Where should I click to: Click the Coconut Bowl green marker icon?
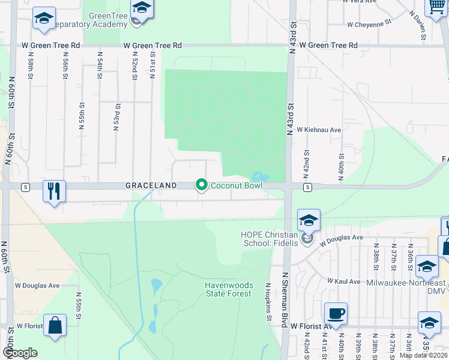201,185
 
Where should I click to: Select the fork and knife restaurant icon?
54,192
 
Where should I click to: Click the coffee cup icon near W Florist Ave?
336,314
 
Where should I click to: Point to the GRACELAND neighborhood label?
151,186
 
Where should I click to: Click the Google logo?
20,352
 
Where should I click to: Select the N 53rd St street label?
116,117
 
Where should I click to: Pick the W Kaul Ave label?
343,281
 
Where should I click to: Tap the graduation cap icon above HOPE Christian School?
309,221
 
